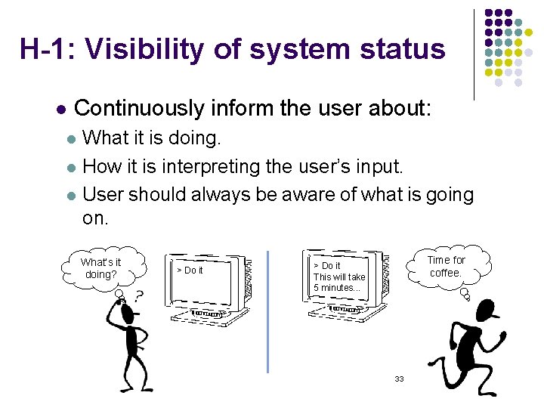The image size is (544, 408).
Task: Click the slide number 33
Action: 399,379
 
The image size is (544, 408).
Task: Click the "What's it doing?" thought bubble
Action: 101,268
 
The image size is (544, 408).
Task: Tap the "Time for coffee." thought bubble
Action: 446,266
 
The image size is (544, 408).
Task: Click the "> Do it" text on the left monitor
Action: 190,270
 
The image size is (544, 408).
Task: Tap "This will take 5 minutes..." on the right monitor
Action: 339,282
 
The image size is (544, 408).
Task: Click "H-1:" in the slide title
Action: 48,49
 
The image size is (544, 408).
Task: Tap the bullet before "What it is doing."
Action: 70,140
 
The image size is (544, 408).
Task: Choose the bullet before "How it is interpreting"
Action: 70,168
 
